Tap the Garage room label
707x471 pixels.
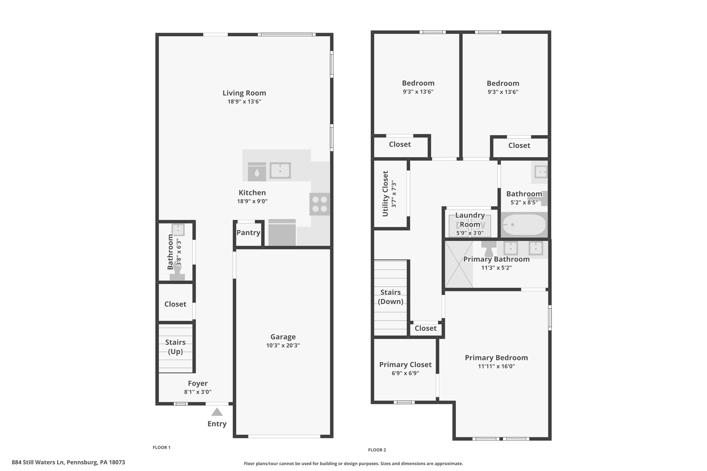coord(283,337)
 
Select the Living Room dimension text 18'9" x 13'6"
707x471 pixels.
coord(244,101)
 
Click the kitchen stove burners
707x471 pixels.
coord(319,204)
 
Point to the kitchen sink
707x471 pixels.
coord(280,170)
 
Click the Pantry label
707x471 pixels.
coord(248,233)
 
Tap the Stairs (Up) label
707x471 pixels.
coord(175,347)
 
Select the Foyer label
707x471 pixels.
coord(198,383)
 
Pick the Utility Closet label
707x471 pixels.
coord(385,194)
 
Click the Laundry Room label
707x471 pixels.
coord(470,220)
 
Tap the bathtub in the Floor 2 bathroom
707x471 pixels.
coord(524,225)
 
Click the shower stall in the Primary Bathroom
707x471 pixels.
coord(459,264)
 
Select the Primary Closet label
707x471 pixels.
coord(405,365)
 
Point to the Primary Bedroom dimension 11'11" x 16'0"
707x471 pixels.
coord(496,366)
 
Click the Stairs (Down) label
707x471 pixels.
coord(390,297)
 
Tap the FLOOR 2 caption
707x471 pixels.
coord(377,450)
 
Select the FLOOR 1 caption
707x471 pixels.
coord(162,448)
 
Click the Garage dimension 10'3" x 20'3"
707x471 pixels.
coord(283,345)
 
